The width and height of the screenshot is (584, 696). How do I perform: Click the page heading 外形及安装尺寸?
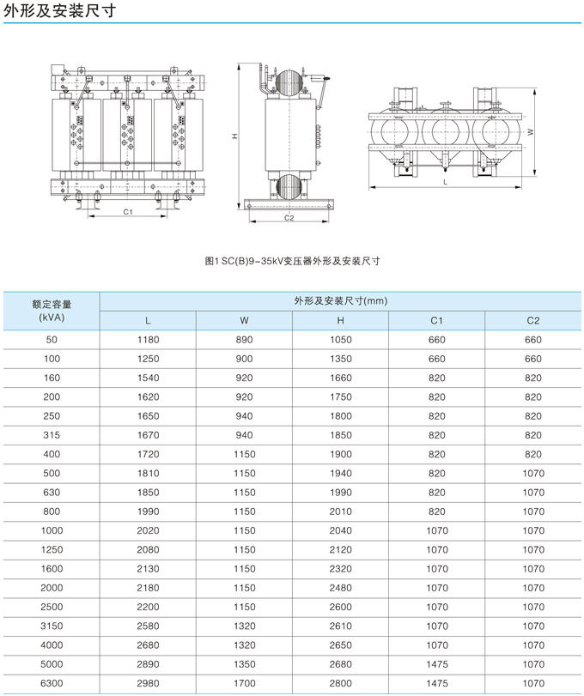tap(60, 10)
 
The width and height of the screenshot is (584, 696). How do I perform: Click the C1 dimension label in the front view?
tap(128, 212)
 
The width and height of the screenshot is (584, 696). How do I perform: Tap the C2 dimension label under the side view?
tap(289, 218)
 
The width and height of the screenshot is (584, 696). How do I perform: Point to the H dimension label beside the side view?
tap(234, 136)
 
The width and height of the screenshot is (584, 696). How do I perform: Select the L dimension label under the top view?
tap(445, 182)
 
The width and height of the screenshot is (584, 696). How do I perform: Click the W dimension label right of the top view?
tap(530, 132)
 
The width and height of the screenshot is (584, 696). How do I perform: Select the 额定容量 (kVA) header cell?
tap(52, 311)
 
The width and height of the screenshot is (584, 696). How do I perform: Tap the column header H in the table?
tap(341, 320)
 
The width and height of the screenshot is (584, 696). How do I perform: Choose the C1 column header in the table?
tap(436, 320)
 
